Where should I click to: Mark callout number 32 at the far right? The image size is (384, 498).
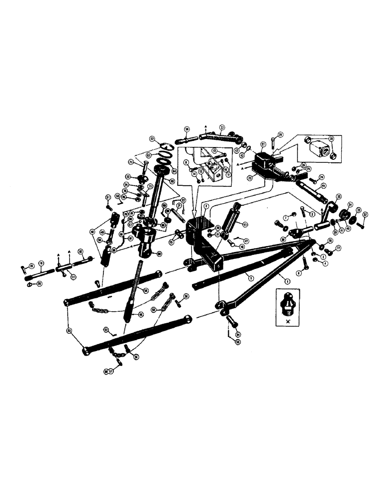[x=366, y=214]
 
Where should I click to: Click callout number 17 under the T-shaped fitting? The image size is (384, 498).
[x=73, y=278]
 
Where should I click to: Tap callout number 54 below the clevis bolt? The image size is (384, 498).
[x=238, y=335]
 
